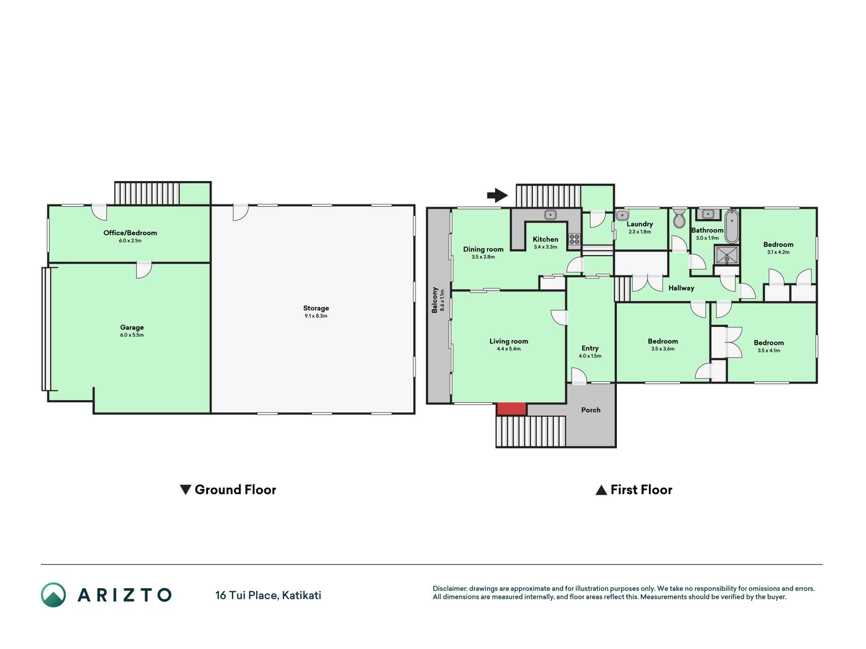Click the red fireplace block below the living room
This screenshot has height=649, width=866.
tap(511, 409)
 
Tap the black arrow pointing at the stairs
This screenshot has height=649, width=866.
tap(497, 195)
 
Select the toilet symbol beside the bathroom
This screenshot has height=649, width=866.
tap(679, 218)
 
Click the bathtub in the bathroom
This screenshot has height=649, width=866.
tap(731, 227)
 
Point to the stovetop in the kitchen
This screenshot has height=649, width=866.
tap(574, 239)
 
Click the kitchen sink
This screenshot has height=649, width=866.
tap(551, 214)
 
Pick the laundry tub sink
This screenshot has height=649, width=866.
tap(622, 215)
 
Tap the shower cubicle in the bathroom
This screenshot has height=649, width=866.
tap(726, 255)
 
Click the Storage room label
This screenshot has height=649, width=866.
tap(316, 308)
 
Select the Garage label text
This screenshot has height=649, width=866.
tap(132, 328)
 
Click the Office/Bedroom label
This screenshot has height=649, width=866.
tap(130, 233)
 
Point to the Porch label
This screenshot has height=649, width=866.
tap(591, 410)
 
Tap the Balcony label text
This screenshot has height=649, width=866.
tap(435, 300)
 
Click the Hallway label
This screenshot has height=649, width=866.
tap(681, 288)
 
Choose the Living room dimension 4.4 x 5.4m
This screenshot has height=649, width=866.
tap(509, 349)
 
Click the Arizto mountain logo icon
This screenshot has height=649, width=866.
tap(53, 595)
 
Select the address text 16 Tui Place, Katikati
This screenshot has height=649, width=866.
tap(268, 595)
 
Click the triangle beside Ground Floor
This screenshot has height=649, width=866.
tap(186, 490)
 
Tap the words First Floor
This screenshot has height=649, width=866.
tap(641, 490)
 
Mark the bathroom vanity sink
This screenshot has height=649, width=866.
tap(708, 214)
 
